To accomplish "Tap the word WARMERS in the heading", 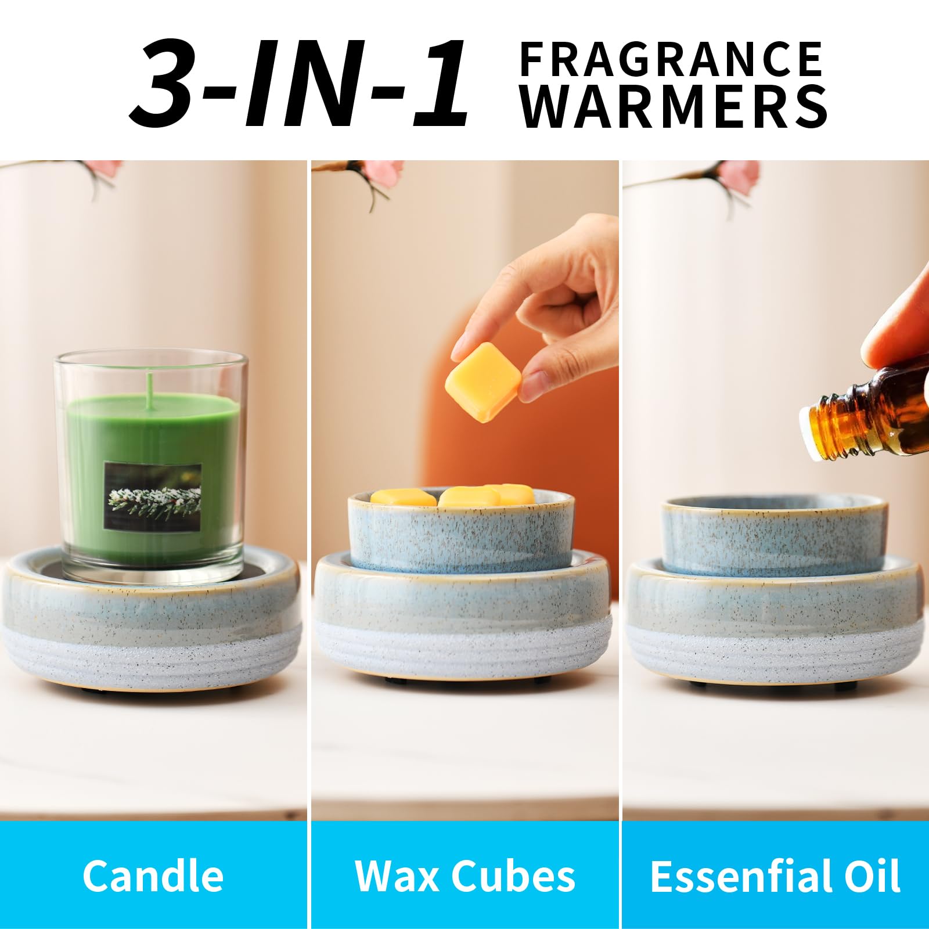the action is [674, 107].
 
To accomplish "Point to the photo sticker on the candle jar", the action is [153, 496].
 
